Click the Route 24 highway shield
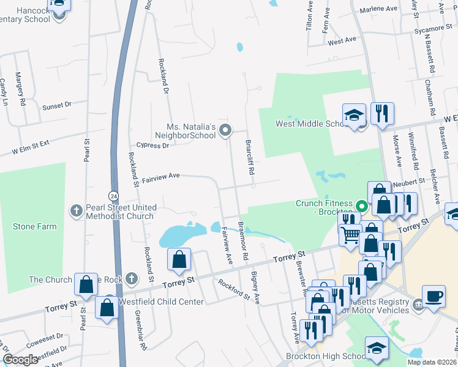[x=114, y=195]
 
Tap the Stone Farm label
[x=35, y=226]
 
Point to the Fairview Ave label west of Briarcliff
[x=161, y=177]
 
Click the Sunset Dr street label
[x=57, y=106]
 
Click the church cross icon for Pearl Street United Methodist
[x=77, y=210]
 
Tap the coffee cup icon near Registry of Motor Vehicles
[x=434, y=295]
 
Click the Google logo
[x=20, y=360]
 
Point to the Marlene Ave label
[x=378, y=9]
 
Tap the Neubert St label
[x=409, y=182]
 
